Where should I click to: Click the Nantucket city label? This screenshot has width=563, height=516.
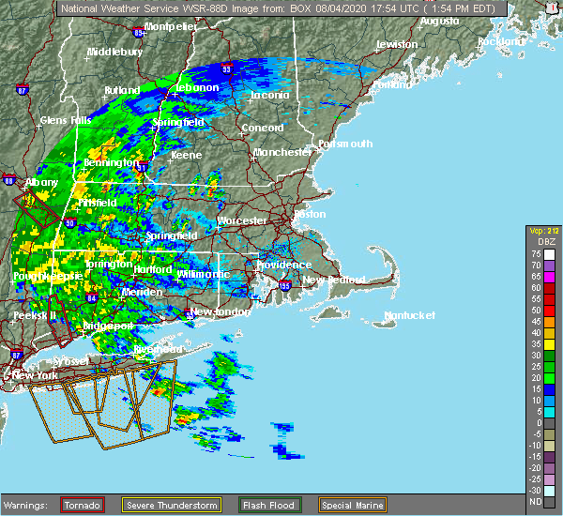pyautogui.click(x=410, y=316)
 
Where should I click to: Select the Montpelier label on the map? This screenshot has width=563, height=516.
pyautogui.click(x=171, y=26)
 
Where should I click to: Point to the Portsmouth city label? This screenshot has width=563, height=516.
pyautogui.click(x=344, y=144)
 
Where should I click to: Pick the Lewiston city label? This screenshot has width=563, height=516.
pyautogui.click(x=396, y=44)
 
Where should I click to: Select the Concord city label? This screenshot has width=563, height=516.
pyautogui.click(x=262, y=128)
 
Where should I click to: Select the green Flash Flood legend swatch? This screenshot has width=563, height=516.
pyautogui.click(x=269, y=505)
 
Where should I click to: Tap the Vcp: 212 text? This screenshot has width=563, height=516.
pyautogui.click(x=541, y=231)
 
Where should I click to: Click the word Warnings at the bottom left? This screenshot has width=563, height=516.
pyautogui.click(x=29, y=506)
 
